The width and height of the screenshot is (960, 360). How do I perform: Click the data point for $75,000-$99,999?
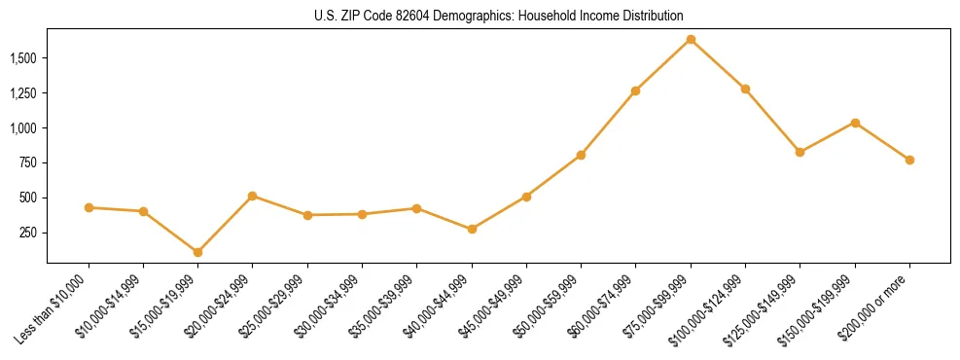[x=691, y=40]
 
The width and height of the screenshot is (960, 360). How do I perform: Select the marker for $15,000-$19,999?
[x=198, y=252]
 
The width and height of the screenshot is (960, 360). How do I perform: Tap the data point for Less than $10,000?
[x=89, y=207]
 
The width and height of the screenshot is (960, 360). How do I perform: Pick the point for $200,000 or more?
[x=909, y=160]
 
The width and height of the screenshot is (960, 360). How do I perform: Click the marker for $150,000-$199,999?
[x=855, y=123]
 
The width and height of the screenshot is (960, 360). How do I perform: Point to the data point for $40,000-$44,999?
[x=472, y=229]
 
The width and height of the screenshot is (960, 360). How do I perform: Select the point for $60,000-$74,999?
[x=636, y=90]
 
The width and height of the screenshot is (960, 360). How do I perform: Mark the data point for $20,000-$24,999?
[x=253, y=196]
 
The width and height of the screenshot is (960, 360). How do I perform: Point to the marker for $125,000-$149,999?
[x=800, y=152]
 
